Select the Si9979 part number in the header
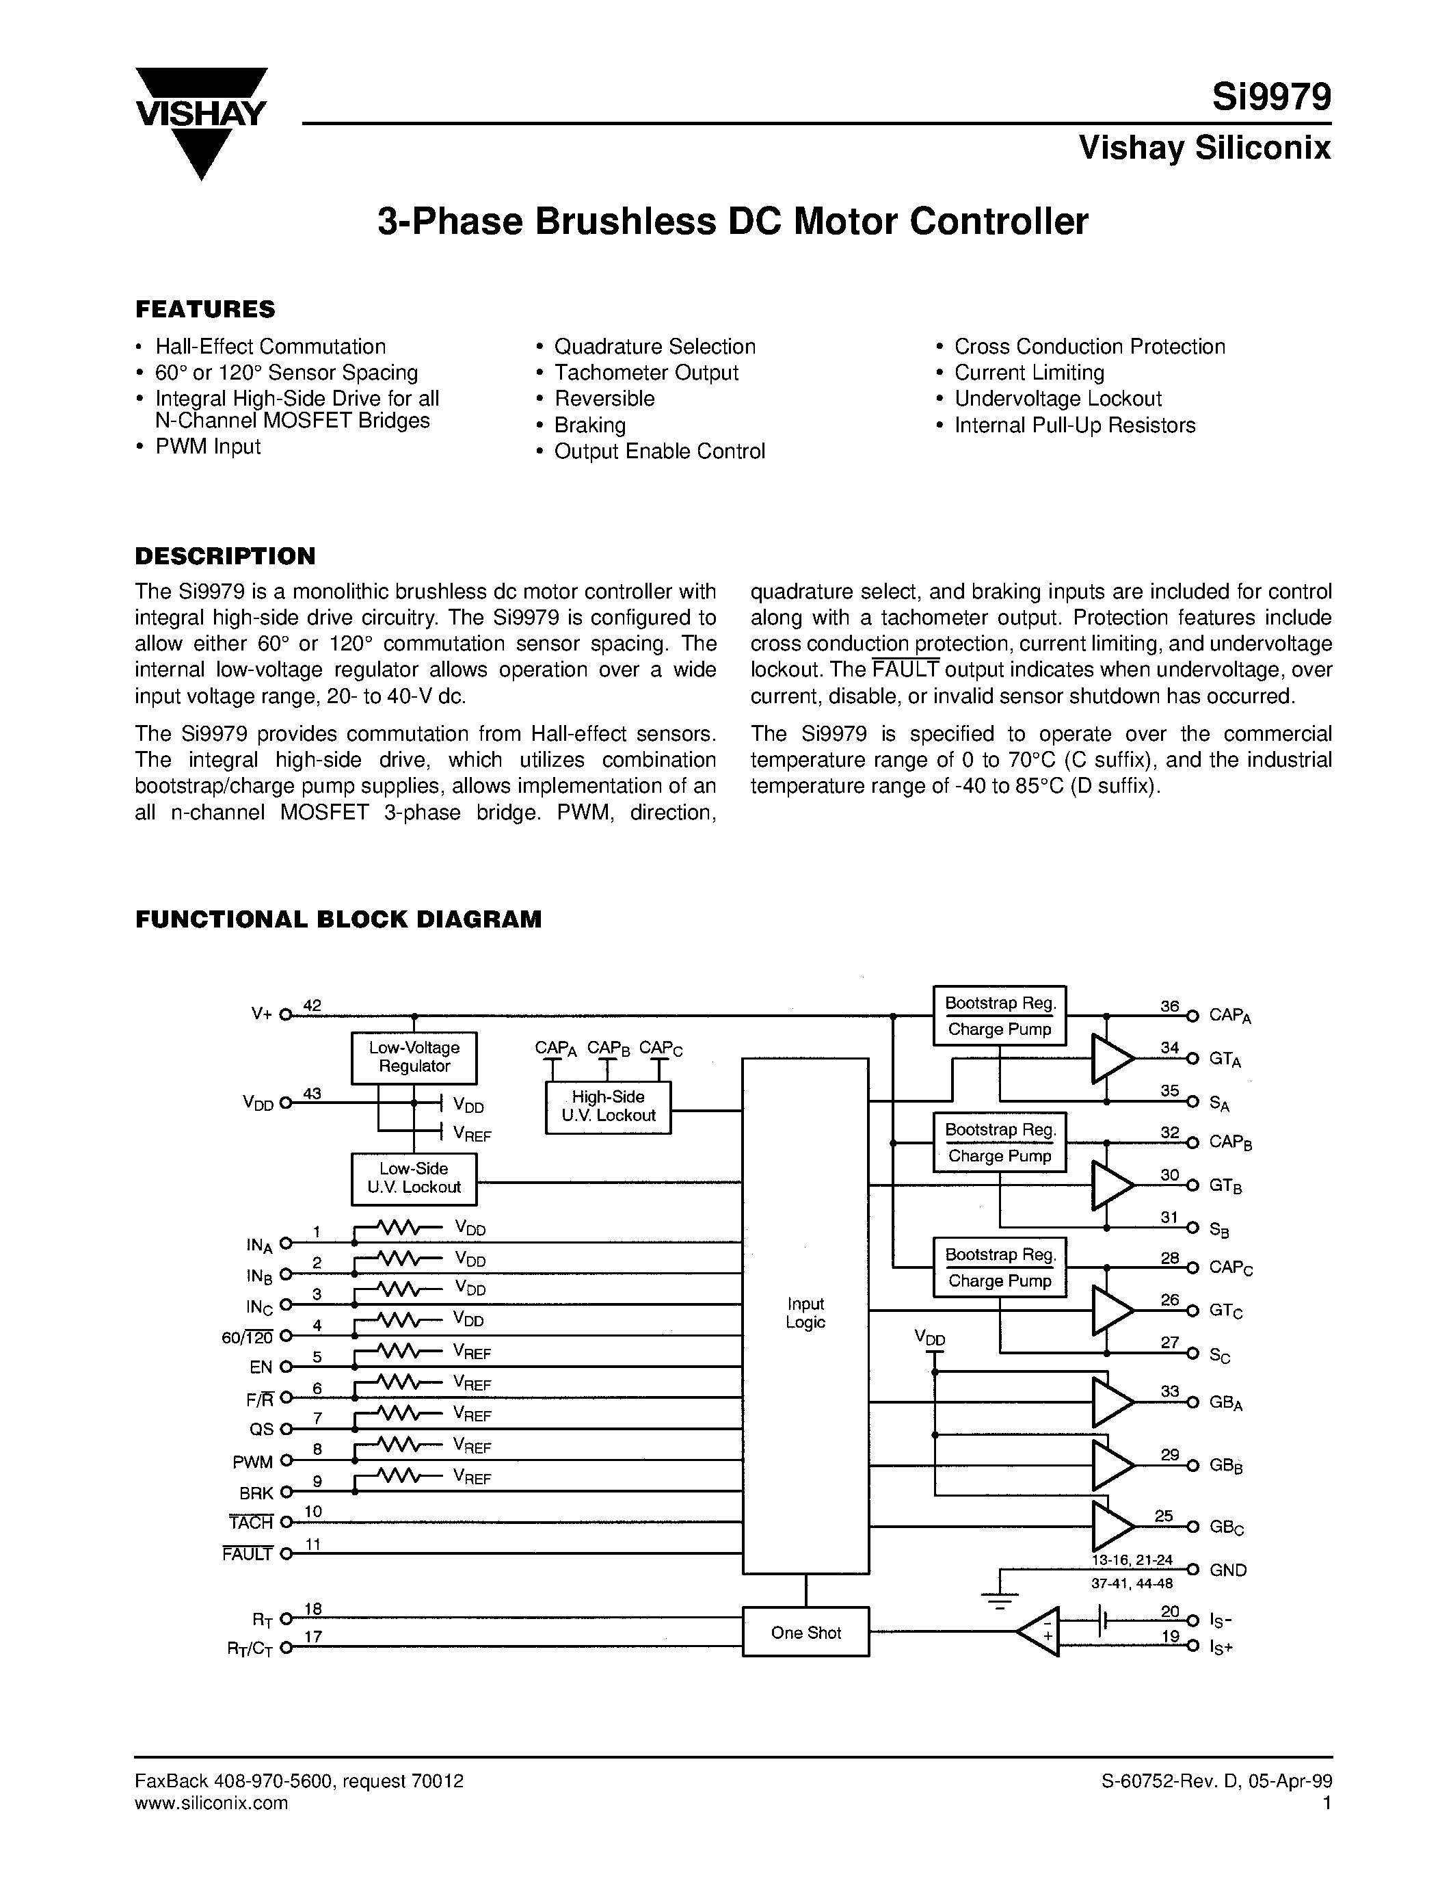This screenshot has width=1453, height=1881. (1270, 97)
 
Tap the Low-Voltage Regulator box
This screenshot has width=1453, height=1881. (414, 1057)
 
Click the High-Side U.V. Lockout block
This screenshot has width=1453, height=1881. (608, 1106)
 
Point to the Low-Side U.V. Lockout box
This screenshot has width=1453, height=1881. (414, 1179)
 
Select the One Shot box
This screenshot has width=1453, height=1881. (805, 1633)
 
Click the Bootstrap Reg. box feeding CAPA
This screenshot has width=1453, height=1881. (1000, 1003)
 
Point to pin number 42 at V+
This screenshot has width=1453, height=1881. (312, 1005)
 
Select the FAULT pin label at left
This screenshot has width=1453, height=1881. (248, 1554)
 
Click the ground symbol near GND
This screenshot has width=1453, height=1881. (998, 1604)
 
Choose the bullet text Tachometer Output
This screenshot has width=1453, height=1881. (645, 373)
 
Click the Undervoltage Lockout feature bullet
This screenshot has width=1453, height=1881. (1058, 399)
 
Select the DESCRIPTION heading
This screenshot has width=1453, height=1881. (226, 555)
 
